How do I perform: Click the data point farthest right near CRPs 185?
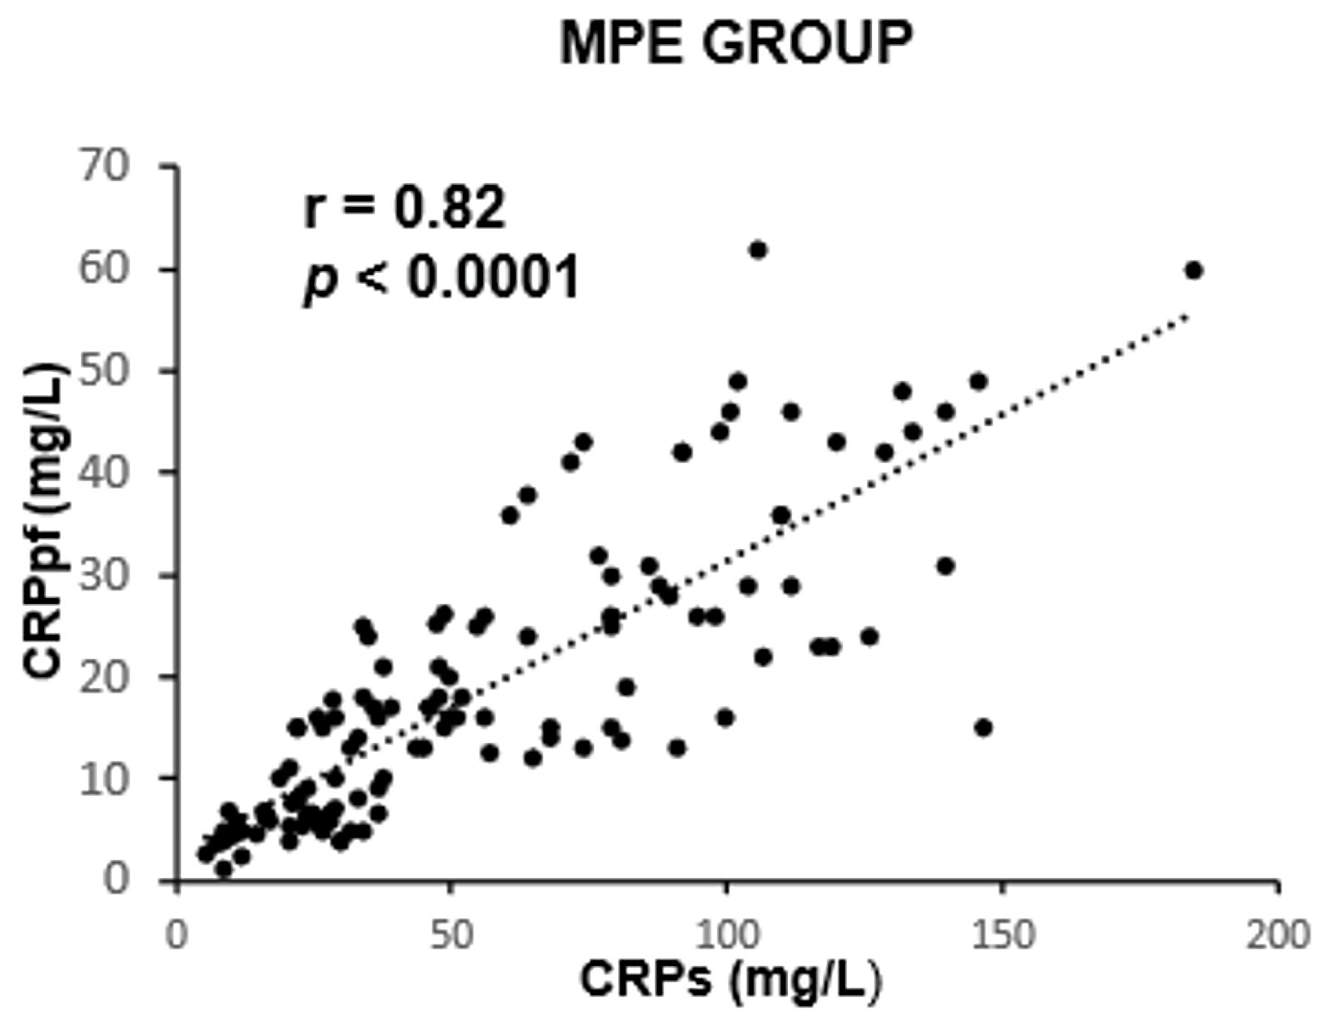coord(1194,270)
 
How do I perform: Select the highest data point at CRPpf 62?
coord(758,249)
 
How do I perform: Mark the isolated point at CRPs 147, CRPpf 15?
coord(983,727)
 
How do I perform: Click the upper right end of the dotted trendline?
coord(1187,315)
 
